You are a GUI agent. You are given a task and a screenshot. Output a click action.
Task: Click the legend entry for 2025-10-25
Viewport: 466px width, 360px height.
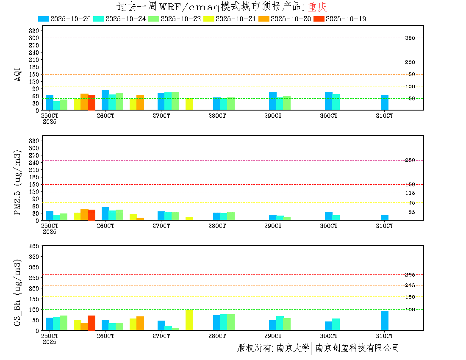64,19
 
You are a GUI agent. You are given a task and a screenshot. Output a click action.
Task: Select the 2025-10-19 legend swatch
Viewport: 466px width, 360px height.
319,19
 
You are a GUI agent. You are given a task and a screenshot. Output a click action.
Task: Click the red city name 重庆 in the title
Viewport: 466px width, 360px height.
317,7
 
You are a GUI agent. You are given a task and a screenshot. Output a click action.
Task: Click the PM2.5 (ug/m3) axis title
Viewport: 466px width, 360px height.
18,183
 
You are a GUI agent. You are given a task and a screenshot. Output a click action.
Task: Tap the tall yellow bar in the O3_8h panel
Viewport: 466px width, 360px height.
189,320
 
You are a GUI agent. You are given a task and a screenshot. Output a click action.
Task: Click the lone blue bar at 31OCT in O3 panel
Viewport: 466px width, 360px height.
385,321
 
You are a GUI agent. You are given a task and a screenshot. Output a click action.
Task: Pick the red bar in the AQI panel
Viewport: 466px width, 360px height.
92,102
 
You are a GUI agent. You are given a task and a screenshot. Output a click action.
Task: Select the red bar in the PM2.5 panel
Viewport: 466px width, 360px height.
92,215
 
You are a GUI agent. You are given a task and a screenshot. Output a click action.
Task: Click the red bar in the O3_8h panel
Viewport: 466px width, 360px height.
92,323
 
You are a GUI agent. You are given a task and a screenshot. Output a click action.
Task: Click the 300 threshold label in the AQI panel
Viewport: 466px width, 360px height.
410,38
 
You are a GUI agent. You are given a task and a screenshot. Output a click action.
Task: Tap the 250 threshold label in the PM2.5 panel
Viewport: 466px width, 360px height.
410,160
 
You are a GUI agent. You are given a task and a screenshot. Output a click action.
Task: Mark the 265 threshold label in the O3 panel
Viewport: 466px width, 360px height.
410,275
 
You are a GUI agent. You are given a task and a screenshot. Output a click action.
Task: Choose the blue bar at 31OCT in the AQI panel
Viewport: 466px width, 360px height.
385,102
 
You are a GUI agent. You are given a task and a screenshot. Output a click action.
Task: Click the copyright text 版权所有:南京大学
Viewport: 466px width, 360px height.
273,348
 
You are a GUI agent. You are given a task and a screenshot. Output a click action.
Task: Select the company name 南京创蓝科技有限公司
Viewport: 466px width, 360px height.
357,348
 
